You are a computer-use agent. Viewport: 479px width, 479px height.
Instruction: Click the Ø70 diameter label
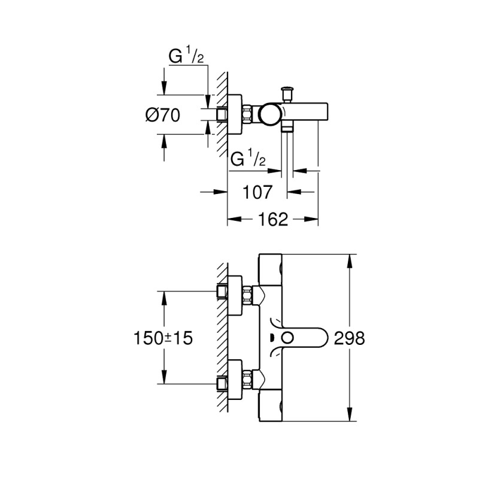pos(163,115)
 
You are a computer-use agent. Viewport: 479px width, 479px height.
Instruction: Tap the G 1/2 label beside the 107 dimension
pos(248,160)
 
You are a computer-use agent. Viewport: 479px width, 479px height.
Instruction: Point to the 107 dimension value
pos(257,192)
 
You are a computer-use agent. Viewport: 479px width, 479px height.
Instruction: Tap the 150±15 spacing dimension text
pos(163,338)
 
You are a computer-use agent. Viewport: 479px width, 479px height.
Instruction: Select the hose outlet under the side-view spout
pos(288,128)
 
